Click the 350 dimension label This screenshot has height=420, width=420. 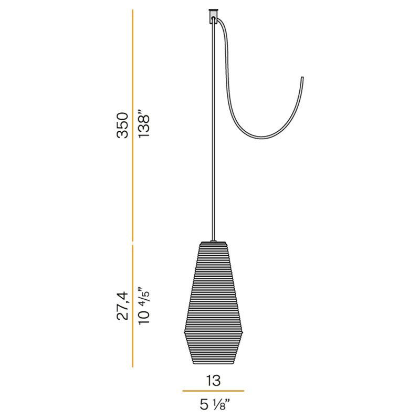[x=123, y=125]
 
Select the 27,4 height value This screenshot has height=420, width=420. [x=123, y=306]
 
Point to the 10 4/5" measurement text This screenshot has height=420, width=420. [x=143, y=306]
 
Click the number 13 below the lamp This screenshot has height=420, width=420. [x=213, y=380]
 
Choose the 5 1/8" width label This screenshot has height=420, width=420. [x=215, y=404]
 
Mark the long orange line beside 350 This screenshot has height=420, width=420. [x=133, y=125]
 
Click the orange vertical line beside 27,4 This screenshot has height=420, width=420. [x=133, y=306]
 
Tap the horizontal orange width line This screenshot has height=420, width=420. [x=213, y=391]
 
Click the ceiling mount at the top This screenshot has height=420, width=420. [x=213, y=16]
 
